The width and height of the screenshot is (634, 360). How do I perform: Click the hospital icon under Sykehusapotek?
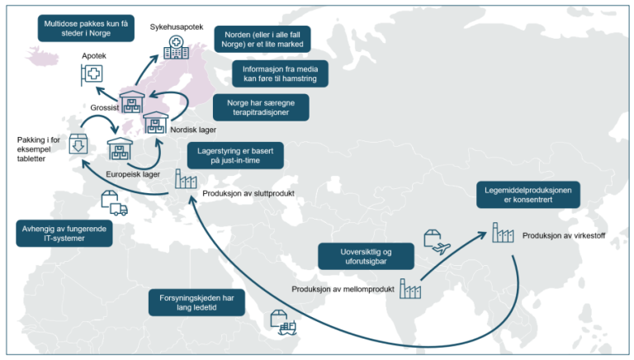point(175,48)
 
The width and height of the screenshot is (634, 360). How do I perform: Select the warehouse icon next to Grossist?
point(132,105)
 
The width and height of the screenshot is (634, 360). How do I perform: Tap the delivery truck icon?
point(112,203)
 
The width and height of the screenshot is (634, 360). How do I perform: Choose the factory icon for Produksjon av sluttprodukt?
point(185,180)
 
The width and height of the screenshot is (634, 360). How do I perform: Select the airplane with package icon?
point(436,240)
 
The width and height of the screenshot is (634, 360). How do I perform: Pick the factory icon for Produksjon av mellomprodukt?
point(409,288)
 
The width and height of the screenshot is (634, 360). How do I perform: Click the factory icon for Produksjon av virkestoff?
point(503,234)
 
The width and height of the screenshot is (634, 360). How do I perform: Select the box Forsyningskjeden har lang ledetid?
point(196,301)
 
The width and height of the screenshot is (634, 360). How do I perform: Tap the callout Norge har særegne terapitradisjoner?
point(261,107)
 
